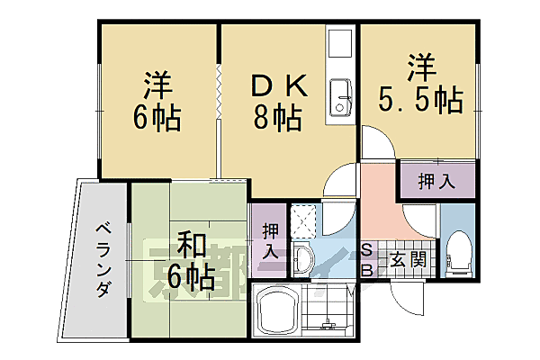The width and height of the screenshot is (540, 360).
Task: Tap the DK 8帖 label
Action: point(278,101)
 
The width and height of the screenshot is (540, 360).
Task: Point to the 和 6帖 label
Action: point(191,262)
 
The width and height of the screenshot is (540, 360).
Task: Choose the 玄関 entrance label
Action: point(408,260)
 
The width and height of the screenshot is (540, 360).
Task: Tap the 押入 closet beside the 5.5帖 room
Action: point(436,181)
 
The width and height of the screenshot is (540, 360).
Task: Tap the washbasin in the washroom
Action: point(302,262)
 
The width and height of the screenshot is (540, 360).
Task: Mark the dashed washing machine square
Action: point(306,220)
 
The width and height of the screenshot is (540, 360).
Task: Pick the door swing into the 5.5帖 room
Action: point(376,144)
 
